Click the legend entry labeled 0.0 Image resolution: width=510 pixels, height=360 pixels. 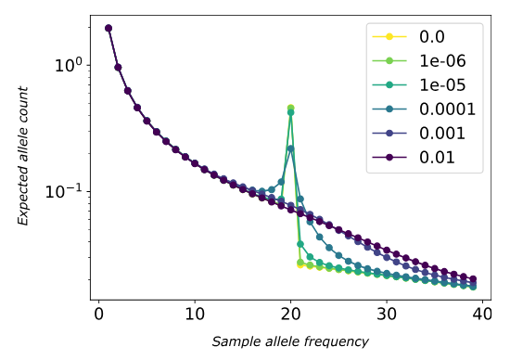tap(416, 37)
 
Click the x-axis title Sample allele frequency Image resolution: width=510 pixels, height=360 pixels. tap(290, 342)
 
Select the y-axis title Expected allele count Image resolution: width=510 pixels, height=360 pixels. tap(25, 156)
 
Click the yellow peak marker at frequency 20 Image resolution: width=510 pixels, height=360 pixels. tap(290, 108)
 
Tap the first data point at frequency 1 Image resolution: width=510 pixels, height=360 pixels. tap(108, 28)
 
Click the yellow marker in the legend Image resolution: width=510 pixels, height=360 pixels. tap(389, 37)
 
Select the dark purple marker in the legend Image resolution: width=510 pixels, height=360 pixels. tap(389, 158)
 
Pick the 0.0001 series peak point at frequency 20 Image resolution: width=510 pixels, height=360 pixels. tap(290, 148)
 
